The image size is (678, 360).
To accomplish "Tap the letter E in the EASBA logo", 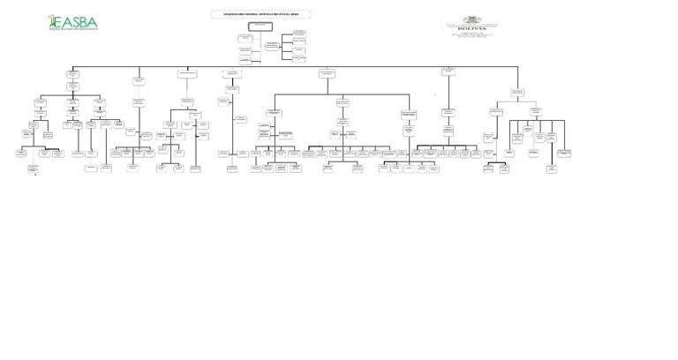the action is [59, 22].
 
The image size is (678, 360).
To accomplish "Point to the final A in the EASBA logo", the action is [93, 22].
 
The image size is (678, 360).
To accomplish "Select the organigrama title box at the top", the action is [261, 14].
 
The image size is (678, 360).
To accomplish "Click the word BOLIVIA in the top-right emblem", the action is [472, 28].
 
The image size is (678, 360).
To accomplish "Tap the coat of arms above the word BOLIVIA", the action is [473, 19].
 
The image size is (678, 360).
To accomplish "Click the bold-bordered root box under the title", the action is [260, 26].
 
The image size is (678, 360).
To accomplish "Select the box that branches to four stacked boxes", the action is [272, 44].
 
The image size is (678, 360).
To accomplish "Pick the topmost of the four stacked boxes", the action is [299, 33].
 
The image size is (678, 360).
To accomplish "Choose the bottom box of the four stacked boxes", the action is [299, 59].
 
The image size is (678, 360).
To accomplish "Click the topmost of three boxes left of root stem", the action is [245, 38].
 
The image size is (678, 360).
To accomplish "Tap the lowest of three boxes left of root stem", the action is [245, 60].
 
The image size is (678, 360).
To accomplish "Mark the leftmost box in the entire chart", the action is [20, 153].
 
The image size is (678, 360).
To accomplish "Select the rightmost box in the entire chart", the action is [564, 153].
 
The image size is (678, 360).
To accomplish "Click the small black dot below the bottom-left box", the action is [35, 175].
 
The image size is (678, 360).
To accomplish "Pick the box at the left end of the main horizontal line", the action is [72, 74].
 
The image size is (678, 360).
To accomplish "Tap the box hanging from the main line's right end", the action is [517, 92].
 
